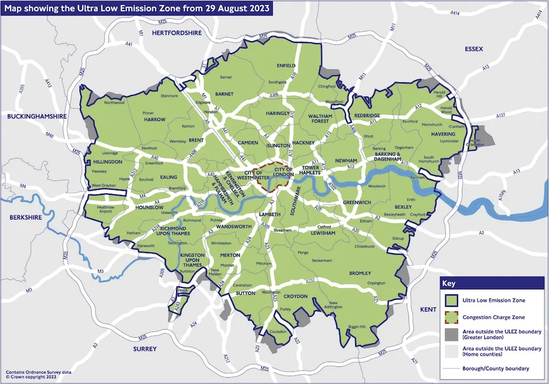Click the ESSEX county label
[x=474, y=49]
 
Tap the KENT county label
[x=428, y=309]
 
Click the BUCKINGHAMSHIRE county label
[x=37, y=116]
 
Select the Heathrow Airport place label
[x=106, y=210]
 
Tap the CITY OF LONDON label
[x=284, y=173]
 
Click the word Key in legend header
[x=448, y=283]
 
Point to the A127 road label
[x=501, y=116]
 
